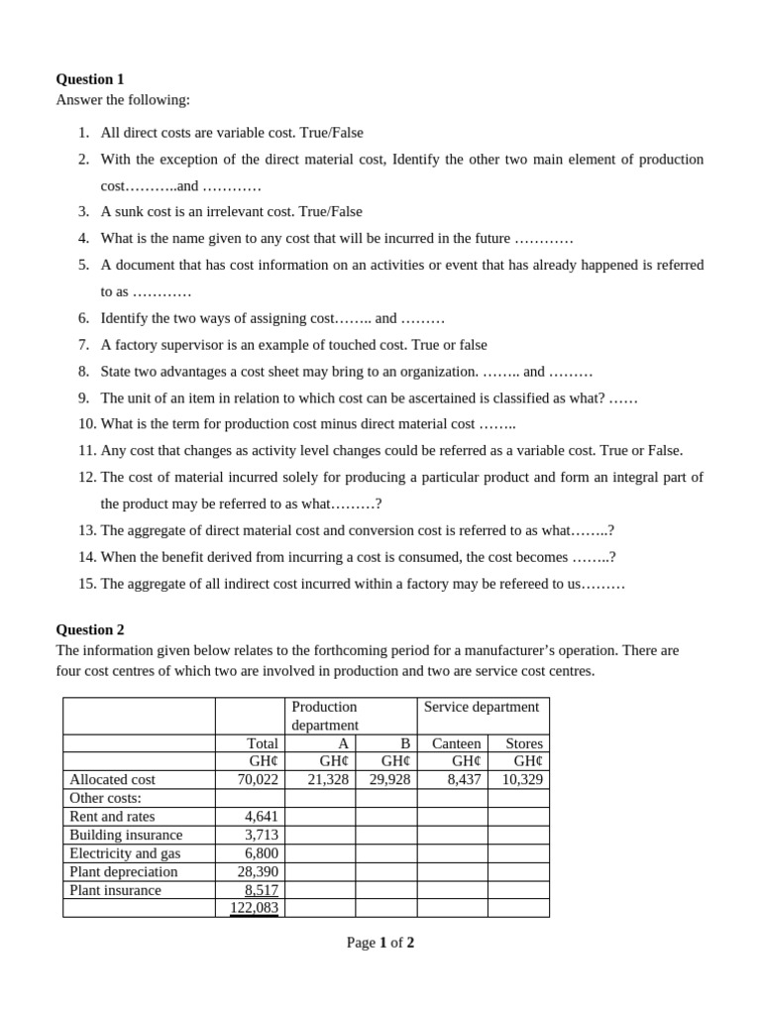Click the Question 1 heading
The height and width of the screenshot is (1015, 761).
point(90,79)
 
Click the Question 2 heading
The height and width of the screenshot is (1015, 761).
point(90,629)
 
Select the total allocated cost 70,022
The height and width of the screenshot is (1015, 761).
point(256,780)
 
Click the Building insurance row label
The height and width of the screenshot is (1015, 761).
point(126,835)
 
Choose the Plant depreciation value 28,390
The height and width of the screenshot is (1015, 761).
point(256,871)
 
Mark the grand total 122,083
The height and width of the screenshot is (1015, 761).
point(254,908)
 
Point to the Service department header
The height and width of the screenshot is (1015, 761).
point(482,707)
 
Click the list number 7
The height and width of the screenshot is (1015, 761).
point(84,345)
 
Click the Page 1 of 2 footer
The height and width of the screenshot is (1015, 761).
point(380,943)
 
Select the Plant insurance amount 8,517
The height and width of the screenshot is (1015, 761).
point(262,890)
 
